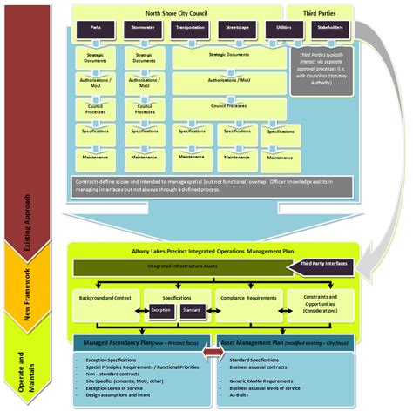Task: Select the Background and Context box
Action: tap(105, 298)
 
